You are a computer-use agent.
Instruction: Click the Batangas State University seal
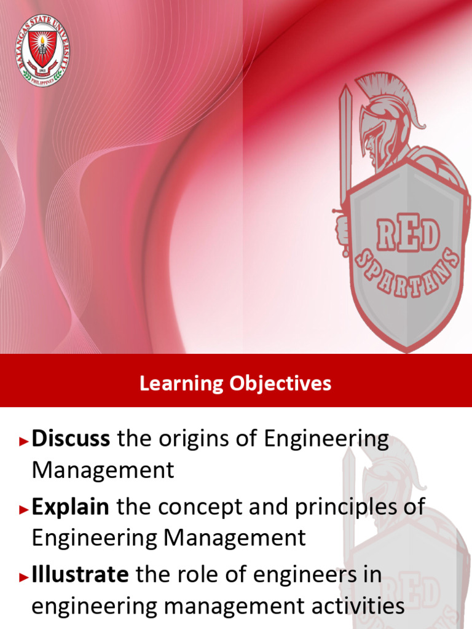(42, 50)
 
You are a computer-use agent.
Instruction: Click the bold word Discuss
(71, 439)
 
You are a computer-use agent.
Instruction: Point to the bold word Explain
(70, 507)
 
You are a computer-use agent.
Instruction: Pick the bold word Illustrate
(80, 575)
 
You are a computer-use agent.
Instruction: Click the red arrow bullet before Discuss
(25, 441)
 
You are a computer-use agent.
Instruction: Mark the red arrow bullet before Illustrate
(25, 577)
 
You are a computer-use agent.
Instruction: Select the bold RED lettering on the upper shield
(409, 235)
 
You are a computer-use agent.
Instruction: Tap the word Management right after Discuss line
(103, 471)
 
